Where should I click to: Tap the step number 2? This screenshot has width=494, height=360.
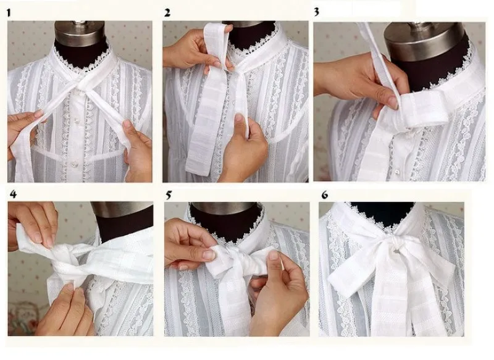click(167, 12)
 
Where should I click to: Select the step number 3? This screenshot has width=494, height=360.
click(317, 11)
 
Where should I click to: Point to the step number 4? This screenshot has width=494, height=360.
click(13, 195)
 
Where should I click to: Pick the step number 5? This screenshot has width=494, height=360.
click(168, 195)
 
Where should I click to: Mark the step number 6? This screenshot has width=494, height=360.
click(325, 195)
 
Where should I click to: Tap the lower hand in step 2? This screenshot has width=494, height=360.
click(244, 151)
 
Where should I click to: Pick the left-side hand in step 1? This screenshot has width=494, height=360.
click(25, 130)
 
